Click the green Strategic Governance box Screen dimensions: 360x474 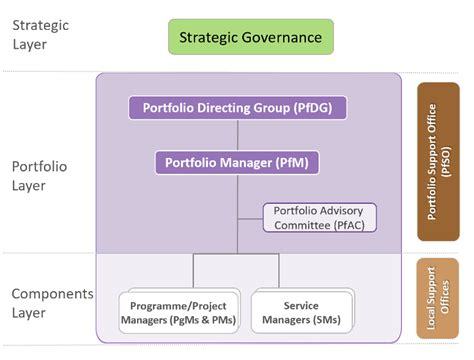(x=250, y=38)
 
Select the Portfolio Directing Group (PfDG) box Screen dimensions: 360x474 (x=237, y=107)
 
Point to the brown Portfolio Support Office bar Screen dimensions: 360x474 (x=438, y=161)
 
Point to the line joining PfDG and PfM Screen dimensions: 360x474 (x=237, y=134)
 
